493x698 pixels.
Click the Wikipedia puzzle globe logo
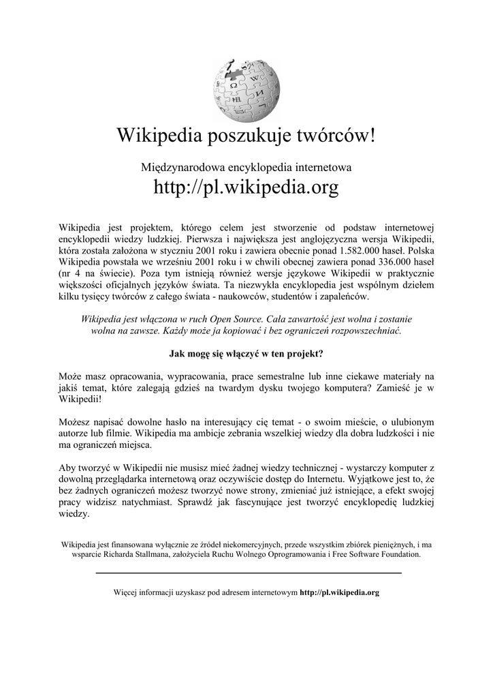(x=246, y=87)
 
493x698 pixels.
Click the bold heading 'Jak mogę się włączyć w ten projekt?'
(x=246, y=354)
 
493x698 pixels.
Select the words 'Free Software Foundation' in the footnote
(x=377, y=555)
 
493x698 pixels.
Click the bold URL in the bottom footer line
(x=339, y=593)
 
